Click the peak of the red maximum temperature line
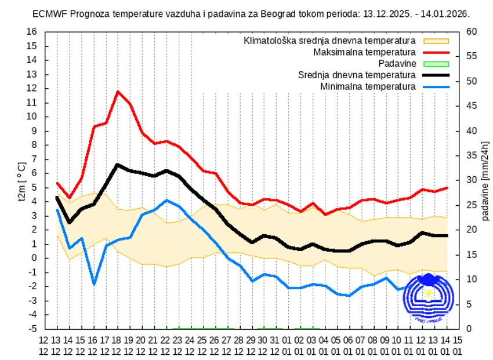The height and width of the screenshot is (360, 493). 118,92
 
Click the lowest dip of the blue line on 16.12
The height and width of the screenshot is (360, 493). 93,284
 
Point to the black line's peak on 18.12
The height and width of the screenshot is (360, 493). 118,165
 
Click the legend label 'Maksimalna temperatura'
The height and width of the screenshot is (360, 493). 364,52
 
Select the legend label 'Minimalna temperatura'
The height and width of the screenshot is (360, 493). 368,86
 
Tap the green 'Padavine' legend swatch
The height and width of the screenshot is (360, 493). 436,64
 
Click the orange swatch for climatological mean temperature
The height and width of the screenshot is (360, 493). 436,41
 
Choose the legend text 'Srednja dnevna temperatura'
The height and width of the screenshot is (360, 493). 357,75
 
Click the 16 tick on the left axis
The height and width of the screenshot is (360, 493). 32,32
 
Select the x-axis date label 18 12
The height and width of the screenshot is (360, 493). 118,346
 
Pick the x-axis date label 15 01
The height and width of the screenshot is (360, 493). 457,346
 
